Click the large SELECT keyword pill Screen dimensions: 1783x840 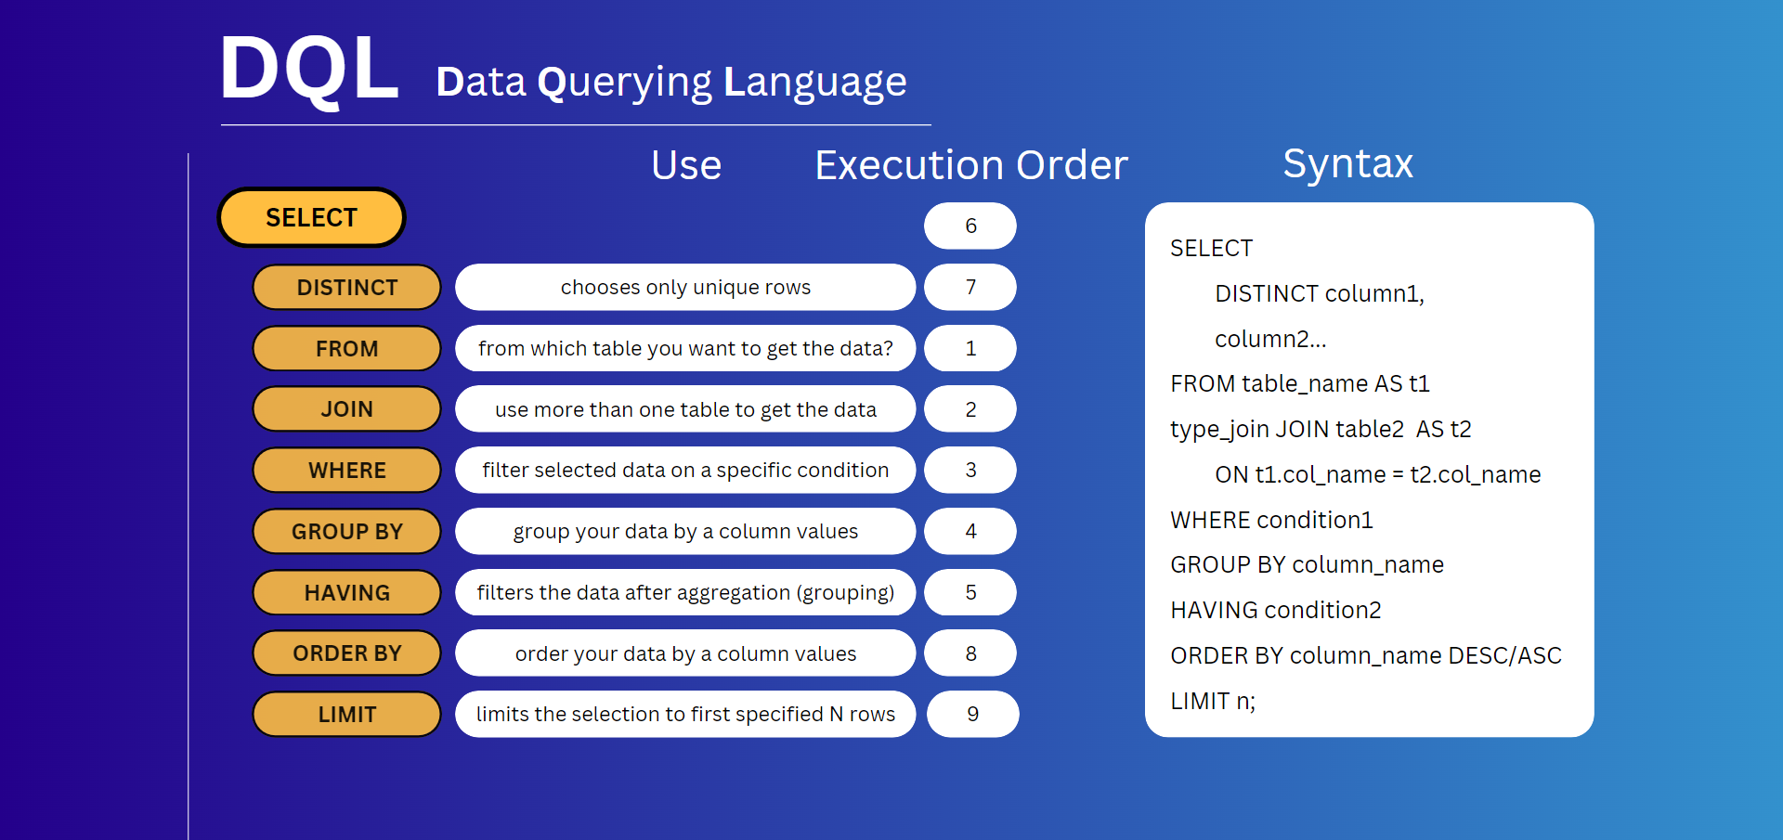tap(311, 218)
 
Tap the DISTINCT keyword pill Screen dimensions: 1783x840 tap(346, 288)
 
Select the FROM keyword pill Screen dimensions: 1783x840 tap(346, 349)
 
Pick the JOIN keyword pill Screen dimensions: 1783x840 tap(346, 409)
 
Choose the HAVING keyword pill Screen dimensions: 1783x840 tap(346, 592)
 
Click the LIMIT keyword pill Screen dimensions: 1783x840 tap(346, 715)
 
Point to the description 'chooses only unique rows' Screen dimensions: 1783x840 tap(685, 288)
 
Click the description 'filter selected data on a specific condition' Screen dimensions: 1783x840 tap(685, 471)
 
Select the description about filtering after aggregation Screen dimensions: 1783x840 tap(685, 592)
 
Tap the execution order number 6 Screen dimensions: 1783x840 tap(970, 226)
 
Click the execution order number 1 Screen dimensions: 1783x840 tap(970, 349)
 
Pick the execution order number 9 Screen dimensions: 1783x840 tap(972, 715)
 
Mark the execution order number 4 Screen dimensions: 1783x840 tap(970, 532)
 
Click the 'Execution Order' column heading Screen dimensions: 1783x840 tap(971, 165)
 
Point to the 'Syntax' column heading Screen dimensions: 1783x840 tap(1347, 164)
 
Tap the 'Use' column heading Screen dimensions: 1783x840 tap(686, 165)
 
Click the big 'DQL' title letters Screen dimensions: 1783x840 tap(309, 69)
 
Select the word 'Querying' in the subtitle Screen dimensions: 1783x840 tap(625, 83)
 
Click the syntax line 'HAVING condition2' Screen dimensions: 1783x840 tap(1276, 611)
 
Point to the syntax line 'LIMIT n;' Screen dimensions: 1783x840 tap(1213, 702)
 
